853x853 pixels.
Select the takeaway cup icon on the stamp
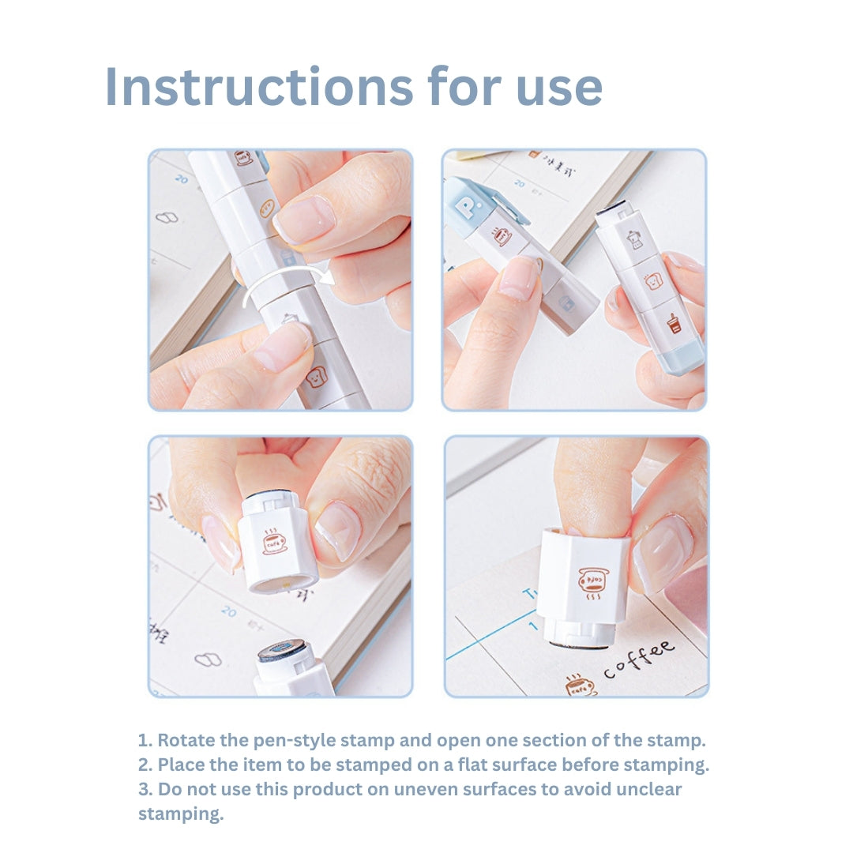pos(674,323)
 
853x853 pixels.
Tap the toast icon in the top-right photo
pos(652,280)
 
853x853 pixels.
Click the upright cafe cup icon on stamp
pos(274,541)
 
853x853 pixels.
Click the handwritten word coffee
pos(640,660)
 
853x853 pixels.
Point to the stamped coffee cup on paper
pos(581,686)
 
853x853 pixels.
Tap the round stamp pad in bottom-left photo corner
pos(282,651)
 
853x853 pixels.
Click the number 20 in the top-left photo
pos(182,179)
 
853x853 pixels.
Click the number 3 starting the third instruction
pos(142,789)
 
